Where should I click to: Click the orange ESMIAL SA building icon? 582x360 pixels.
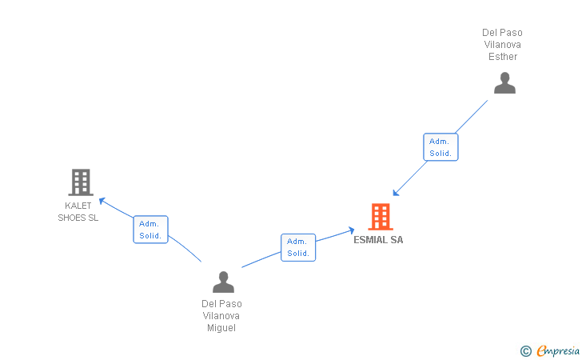(x=381, y=217)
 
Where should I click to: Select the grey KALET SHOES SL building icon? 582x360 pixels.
(x=81, y=182)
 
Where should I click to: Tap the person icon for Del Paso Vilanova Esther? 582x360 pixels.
(x=504, y=83)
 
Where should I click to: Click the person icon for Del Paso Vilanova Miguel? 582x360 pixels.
(x=223, y=282)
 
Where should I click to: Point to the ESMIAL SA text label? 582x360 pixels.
(x=378, y=240)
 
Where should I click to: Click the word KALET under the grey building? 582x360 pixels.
(x=78, y=206)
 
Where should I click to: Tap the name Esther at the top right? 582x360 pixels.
(x=503, y=57)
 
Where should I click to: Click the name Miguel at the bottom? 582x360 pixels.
(x=221, y=328)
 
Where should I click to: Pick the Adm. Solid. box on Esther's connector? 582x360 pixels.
(x=440, y=146)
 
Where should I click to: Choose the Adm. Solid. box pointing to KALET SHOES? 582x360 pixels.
(x=150, y=230)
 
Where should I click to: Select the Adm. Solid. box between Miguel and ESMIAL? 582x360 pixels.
(x=298, y=247)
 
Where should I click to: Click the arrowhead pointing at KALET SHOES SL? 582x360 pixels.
(x=102, y=200)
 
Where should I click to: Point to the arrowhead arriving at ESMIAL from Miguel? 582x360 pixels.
(x=351, y=230)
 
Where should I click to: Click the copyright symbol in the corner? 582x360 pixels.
(x=525, y=350)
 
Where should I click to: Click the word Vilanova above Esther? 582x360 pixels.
(x=501, y=45)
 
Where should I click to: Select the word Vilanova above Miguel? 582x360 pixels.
(x=221, y=316)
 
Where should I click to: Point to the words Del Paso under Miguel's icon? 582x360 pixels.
(x=221, y=304)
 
